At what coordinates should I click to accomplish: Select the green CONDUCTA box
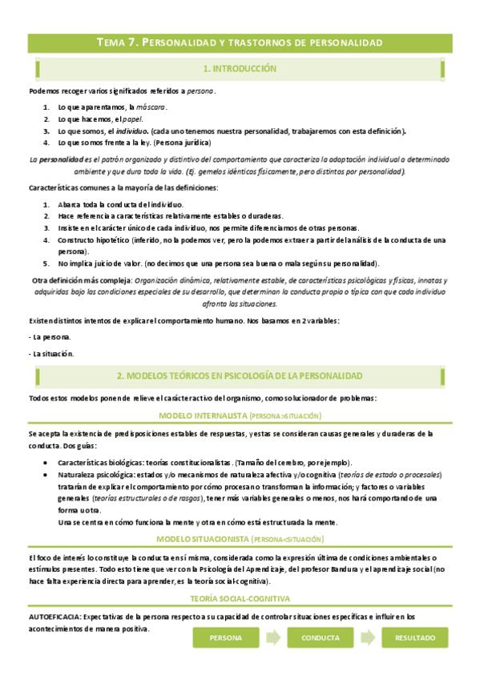click(x=320, y=637)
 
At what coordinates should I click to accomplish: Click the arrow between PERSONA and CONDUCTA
click(x=274, y=637)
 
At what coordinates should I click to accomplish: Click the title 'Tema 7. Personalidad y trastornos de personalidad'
click(x=240, y=42)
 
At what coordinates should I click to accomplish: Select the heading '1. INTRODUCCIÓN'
click(x=240, y=70)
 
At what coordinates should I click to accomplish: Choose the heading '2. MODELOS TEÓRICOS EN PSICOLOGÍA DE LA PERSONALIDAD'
click(x=240, y=376)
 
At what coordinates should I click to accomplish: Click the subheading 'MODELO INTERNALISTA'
click(x=240, y=416)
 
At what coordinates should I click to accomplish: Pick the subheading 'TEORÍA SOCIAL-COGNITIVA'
click(x=240, y=598)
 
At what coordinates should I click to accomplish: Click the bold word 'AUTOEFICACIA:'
click(x=55, y=616)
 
